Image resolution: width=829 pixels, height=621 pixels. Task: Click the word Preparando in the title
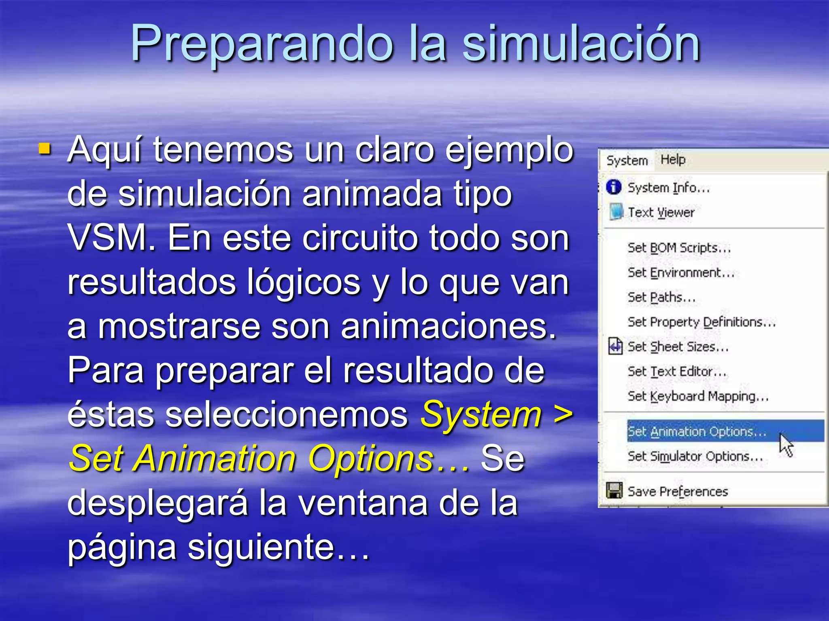pyautogui.click(x=261, y=44)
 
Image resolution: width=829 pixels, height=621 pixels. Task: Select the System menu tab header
pyautogui.click(x=627, y=161)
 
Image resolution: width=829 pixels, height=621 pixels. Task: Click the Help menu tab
pyautogui.click(x=673, y=160)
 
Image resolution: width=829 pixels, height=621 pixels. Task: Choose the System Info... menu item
pyautogui.click(x=669, y=188)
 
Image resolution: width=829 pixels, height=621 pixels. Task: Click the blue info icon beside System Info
pyautogui.click(x=614, y=187)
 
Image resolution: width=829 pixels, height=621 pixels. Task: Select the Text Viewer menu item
pyautogui.click(x=661, y=213)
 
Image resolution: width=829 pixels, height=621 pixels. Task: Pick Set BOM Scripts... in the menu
pyautogui.click(x=679, y=248)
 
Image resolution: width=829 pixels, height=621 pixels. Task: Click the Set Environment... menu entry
pyautogui.click(x=681, y=273)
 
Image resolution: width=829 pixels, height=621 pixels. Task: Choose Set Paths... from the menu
pyautogui.click(x=661, y=298)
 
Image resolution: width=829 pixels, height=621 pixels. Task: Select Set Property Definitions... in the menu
pyautogui.click(x=701, y=322)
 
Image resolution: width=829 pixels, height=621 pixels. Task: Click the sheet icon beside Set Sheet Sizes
pyautogui.click(x=615, y=346)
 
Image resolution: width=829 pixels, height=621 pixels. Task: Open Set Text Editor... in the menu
pyautogui.click(x=677, y=372)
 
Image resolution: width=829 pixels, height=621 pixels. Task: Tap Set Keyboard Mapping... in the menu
pyautogui.click(x=698, y=396)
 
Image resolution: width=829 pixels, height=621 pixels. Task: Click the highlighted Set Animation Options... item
pyautogui.click(x=697, y=432)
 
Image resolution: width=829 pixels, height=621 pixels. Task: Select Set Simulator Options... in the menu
pyautogui.click(x=695, y=456)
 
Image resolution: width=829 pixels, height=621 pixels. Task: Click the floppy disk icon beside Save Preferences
pyautogui.click(x=614, y=491)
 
